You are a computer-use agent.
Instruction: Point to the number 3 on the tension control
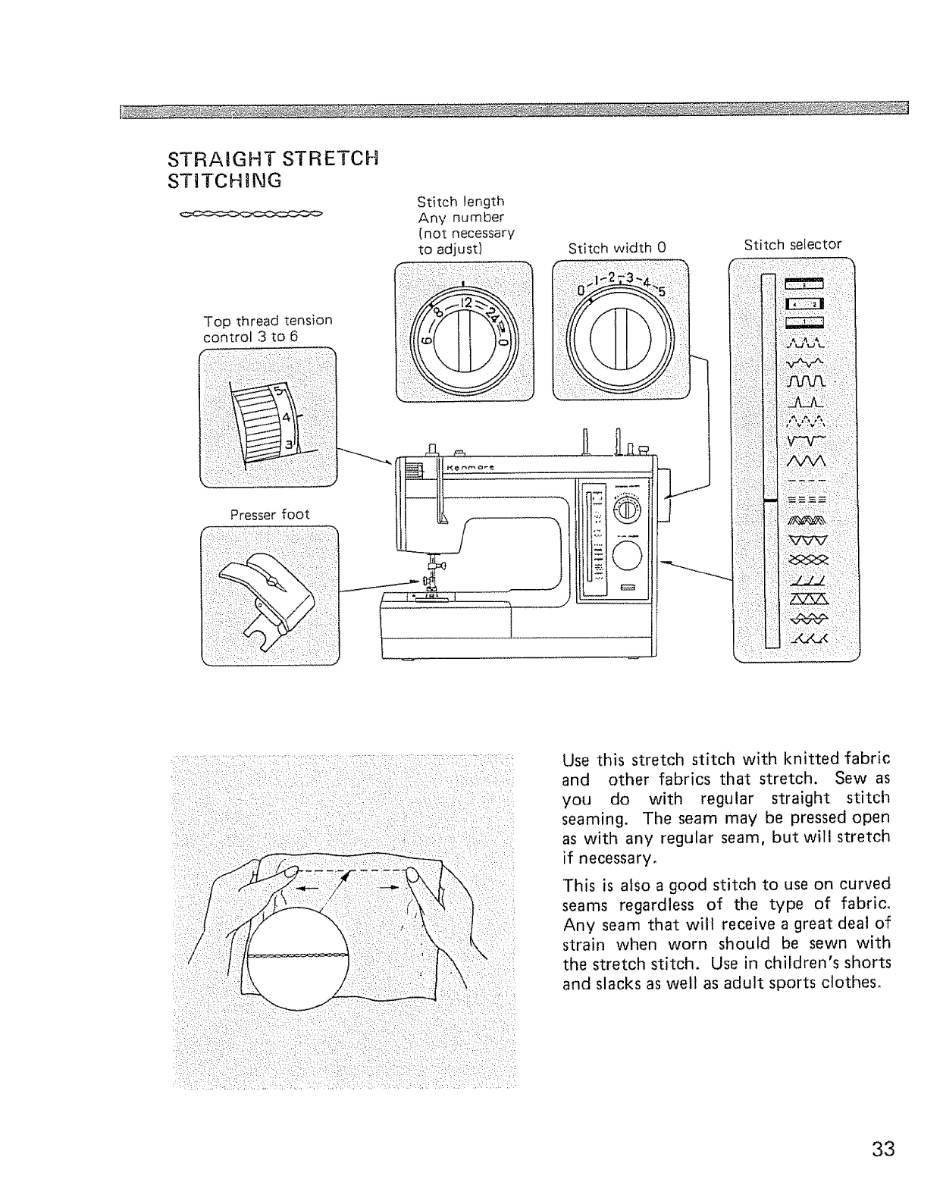point(289,443)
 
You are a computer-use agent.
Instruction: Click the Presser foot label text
point(270,514)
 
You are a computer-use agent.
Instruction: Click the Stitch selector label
point(792,245)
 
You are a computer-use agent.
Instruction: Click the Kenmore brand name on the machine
point(471,467)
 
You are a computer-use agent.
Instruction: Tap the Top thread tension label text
point(268,328)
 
